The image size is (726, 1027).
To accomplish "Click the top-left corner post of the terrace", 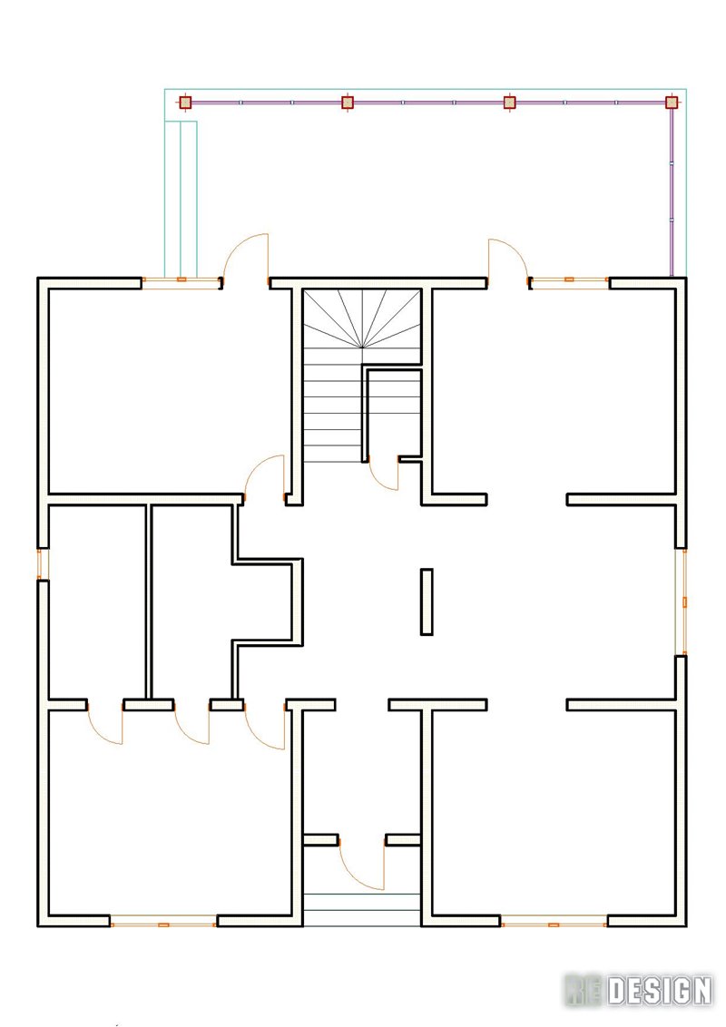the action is (x=185, y=103).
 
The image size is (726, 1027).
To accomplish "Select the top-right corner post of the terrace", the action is (x=672, y=103).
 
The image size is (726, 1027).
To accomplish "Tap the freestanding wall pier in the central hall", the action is (x=427, y=602).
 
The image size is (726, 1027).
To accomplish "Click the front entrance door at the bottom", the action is (x=362, y=864).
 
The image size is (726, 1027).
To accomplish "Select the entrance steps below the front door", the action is (x=362, y=910).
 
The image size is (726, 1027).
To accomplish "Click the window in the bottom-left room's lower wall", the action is (x=164, y=924).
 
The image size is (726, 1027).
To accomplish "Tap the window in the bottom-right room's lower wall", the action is (x=554, y=924).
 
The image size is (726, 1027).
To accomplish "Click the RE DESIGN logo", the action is (x=638, y=991).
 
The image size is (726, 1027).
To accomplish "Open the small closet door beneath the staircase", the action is (x=384, y=473).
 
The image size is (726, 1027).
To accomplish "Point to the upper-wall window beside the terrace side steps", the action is (x=181, y=280).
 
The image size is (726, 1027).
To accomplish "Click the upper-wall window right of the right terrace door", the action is (x=569, y=279).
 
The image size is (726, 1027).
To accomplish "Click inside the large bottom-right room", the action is (x=554, y=812).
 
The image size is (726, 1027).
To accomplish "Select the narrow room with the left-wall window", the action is (x=97, y=602).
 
